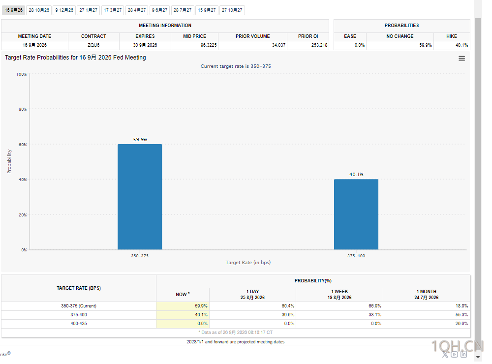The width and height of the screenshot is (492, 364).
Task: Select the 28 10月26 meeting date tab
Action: [39, 10]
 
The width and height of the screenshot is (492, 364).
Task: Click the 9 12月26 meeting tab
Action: [64, 10]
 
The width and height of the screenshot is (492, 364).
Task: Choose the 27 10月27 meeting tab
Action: [232, 10]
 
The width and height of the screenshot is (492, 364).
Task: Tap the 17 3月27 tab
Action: [113, 10]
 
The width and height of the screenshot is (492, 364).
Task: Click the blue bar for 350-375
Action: [140, 197]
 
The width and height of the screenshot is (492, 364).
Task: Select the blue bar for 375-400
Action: [356, 214]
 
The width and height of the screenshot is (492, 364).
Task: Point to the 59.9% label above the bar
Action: [140, 139]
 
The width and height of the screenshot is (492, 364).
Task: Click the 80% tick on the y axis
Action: [23, 109]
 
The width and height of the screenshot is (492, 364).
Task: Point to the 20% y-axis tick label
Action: [23, 215]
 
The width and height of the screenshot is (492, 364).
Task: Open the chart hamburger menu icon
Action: [461, 59]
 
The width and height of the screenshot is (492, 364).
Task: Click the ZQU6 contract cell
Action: [93, 45]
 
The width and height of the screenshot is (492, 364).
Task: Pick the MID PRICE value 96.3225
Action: [209, 45]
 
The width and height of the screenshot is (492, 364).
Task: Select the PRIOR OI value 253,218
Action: [319, 45]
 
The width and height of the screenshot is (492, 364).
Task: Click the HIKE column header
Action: [452, 36]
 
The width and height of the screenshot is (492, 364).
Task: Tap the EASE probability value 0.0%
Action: [360, 45]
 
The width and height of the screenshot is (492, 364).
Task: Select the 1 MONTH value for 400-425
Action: [461, 324]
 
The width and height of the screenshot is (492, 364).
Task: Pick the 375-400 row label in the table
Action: [79, 315]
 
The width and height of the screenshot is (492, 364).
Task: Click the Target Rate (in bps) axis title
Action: [248, 262]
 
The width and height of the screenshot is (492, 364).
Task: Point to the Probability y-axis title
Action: [9, 161]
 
